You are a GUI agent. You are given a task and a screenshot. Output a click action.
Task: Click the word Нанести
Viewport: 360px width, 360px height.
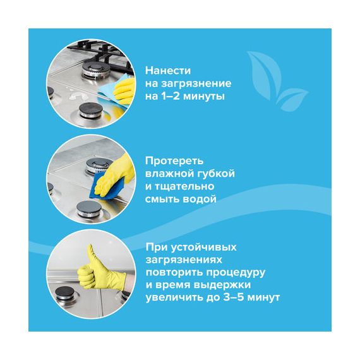pos(168,71)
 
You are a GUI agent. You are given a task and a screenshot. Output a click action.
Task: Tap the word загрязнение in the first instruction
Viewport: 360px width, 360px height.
pos(196,83)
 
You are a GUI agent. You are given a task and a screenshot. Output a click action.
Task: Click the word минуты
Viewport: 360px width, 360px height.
pos(204,97)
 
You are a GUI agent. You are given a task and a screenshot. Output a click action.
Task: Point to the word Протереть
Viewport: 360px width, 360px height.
pos(174,161)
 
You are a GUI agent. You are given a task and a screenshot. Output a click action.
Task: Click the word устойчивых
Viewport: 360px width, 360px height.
pos(204,248)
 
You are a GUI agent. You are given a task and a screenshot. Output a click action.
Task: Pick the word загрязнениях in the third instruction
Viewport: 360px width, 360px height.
pos(184,260)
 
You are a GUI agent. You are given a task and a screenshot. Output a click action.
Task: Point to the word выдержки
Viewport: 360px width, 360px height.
pos(222,285)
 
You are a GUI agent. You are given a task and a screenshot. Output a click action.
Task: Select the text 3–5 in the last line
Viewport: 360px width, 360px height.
pos(233,297)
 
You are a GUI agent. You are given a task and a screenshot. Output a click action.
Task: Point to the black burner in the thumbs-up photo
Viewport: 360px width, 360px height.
pos(65,292)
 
